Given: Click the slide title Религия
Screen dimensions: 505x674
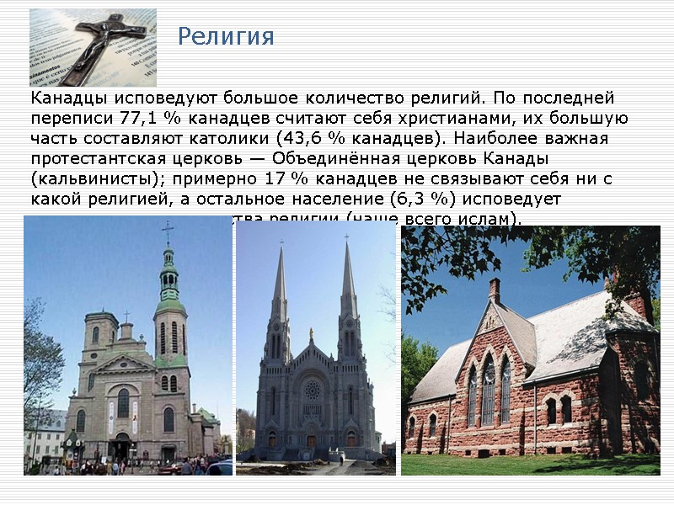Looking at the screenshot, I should pyautogui.click(x=226, y=37).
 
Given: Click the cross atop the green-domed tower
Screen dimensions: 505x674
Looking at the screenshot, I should pyautogui.click(x=168, y=231).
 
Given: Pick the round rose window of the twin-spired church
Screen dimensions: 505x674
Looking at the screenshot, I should pyautogui.click(x=313, y=390).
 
